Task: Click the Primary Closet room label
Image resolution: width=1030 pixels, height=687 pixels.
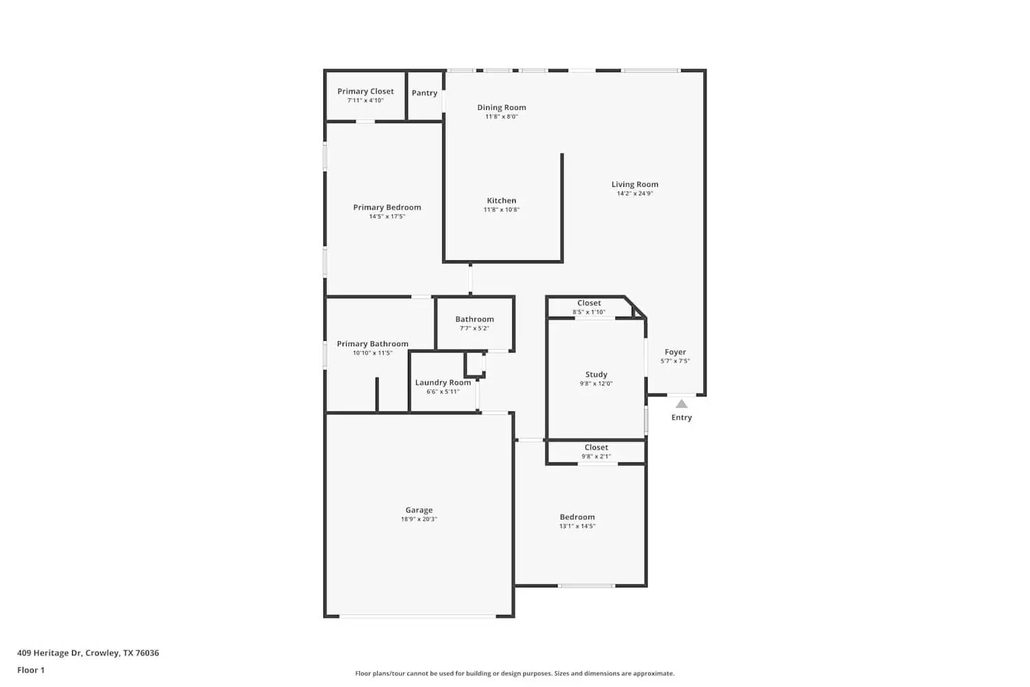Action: click(365, 91)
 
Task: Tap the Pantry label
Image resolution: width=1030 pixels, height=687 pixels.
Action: click(424, 93)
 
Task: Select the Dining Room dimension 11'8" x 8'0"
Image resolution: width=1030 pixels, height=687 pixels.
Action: click(501, 117)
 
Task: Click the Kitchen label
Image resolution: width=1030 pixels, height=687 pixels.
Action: click(501, 201)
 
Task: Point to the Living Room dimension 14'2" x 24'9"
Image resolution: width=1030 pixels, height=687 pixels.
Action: click(634, 194)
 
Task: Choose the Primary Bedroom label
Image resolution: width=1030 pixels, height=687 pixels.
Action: click(387, 207)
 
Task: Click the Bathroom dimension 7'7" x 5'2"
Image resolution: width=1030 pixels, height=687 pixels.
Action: click(474, 328)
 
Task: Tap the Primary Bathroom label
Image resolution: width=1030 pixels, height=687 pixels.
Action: click(372, 344)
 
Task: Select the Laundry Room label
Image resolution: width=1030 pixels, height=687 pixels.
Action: click(443, 383)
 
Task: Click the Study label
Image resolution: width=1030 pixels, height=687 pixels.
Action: click(596, 375)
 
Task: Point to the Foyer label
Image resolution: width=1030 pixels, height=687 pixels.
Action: click(675, 352)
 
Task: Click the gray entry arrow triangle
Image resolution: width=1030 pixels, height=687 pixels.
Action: click(681, 404)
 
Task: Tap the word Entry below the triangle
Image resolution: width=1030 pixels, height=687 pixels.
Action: click(681, 418)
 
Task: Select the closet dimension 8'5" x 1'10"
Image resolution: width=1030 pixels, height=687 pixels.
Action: click(589, 312)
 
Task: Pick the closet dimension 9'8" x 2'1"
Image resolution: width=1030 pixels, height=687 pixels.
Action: click(596, 456)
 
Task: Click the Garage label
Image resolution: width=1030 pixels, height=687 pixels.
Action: click(419, 510)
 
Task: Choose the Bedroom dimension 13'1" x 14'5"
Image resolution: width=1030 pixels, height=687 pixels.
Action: click(577, 526)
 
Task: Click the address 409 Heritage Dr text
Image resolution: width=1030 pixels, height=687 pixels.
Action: click(88, 653)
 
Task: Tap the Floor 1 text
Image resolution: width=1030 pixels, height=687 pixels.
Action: click(31, 671)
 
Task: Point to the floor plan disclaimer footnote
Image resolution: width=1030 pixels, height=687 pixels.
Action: click(514, 674)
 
